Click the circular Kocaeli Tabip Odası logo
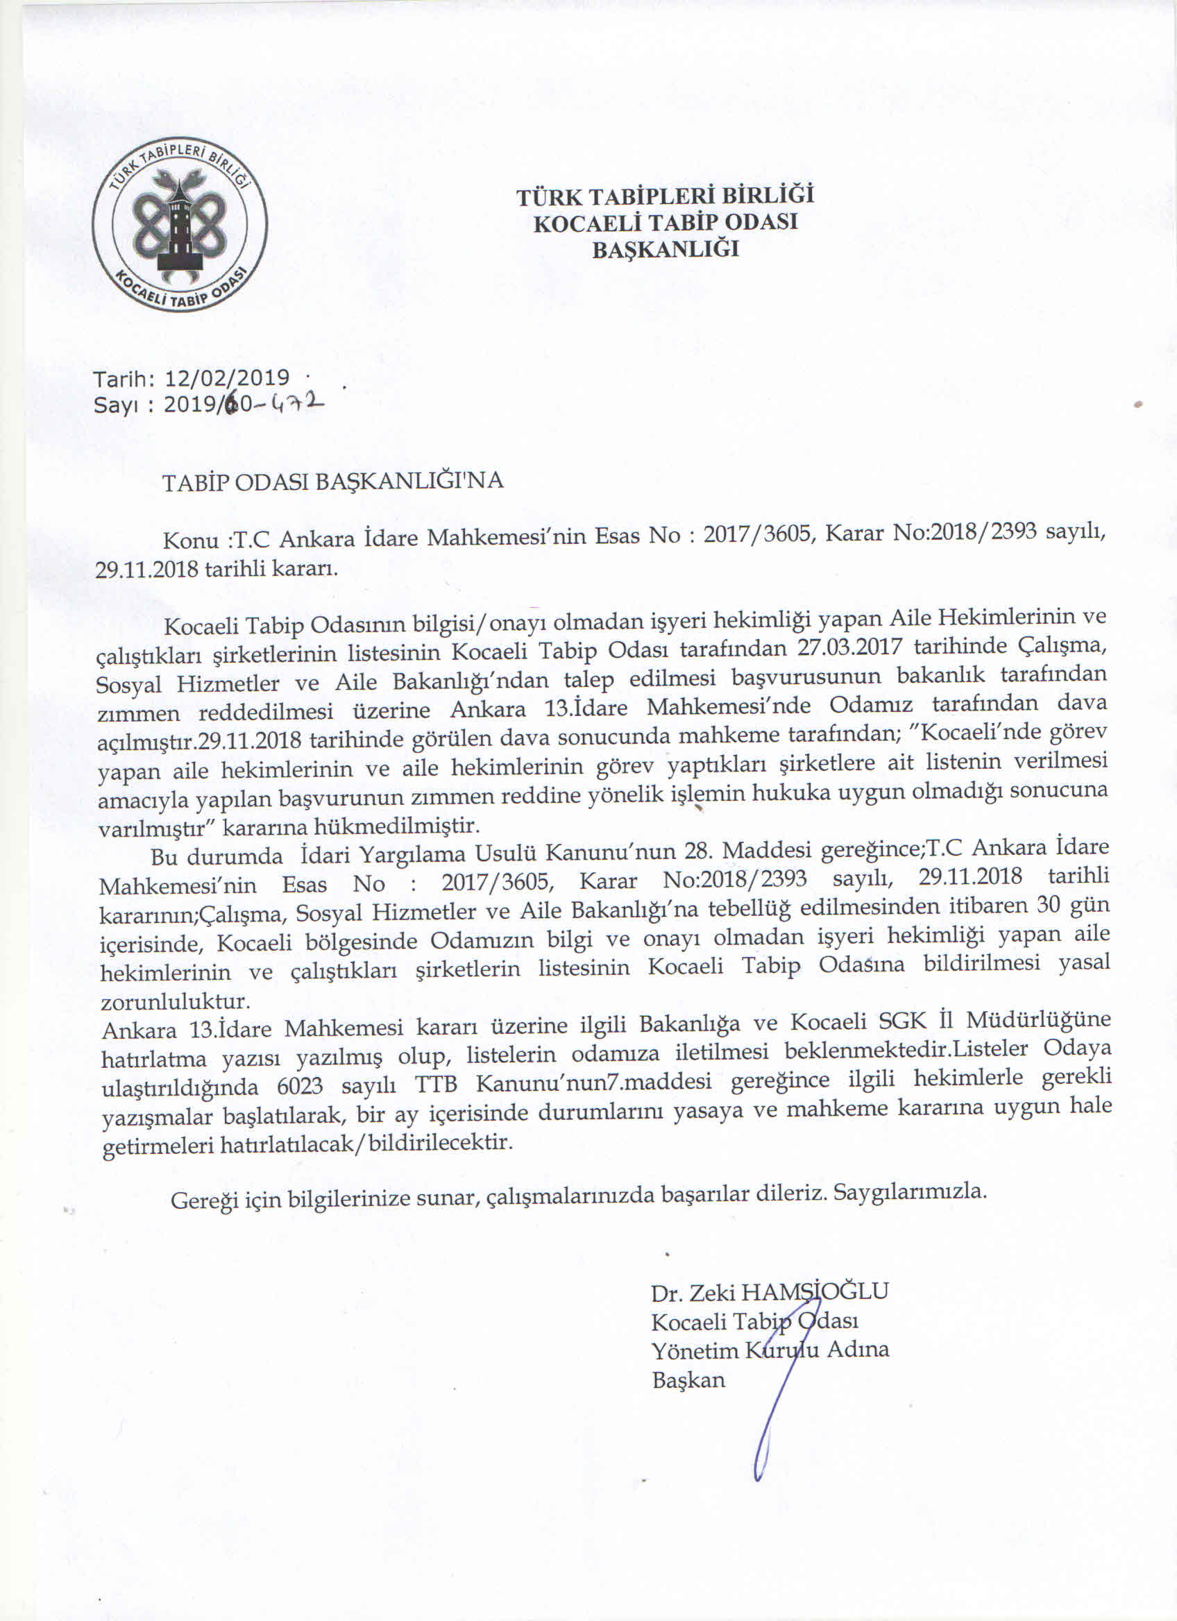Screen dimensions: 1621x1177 [x=180, y=223]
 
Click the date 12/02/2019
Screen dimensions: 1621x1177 [x=226, y=377]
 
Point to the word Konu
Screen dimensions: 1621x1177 [x=191, y=538]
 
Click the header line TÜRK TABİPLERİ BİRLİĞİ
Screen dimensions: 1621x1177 [x=666, y=195]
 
